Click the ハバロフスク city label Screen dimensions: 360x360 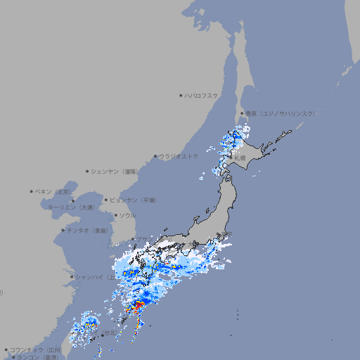tap(202, 95)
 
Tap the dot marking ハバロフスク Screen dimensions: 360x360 tap(181, 95)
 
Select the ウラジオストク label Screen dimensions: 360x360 tap(179, 156)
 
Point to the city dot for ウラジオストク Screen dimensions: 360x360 tap(155, 157)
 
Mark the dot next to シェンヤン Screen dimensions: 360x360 tap(87, 171)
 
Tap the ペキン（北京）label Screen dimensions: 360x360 tap(54, 191)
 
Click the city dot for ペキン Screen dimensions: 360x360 tap(32, 191)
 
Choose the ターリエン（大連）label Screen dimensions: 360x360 tap(71, 207)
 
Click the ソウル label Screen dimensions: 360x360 tap(127, 215)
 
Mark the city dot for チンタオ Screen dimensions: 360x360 tap(63, 230)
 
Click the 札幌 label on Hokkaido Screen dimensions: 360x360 tap(240, 158)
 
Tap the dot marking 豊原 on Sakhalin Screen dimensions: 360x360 tap(243, 113)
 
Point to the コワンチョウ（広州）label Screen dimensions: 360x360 tap(35, 349)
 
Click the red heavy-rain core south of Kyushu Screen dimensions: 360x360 tap(137, 306)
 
